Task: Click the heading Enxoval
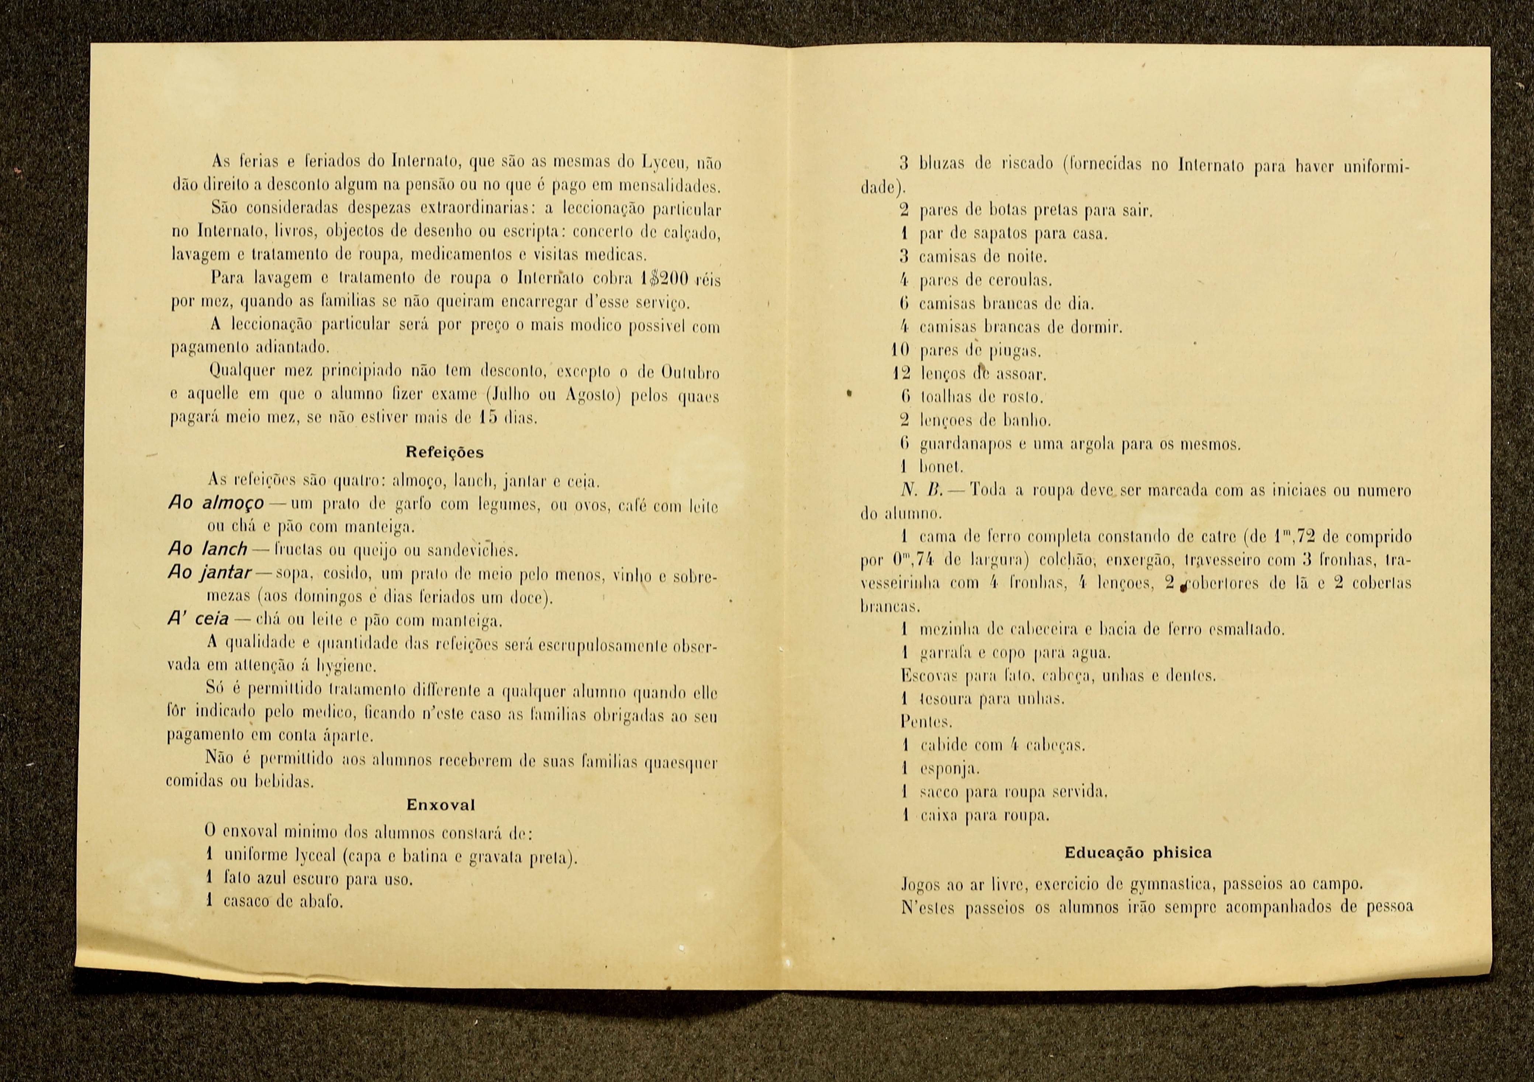441,805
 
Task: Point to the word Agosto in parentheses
591,395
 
